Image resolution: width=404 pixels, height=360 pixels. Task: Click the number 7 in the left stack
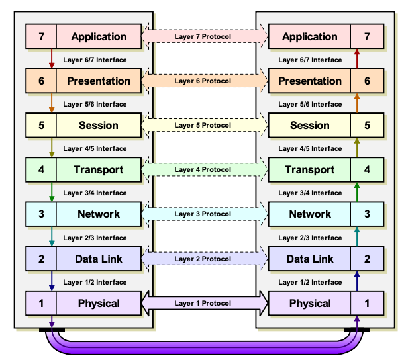point(41,37)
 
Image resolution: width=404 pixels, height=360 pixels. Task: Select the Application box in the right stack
point(309,37)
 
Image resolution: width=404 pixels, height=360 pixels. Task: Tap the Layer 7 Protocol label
point(203,37)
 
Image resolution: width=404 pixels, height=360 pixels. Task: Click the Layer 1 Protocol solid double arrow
point(203,304)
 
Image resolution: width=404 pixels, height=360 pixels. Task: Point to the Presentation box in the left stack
point(99,81)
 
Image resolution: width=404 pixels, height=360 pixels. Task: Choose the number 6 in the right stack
point(367,81)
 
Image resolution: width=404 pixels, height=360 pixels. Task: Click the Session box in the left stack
point(99,126)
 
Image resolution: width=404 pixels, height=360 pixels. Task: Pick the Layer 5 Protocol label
point(203,126)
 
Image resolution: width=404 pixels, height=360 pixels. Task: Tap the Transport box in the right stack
point(309,170)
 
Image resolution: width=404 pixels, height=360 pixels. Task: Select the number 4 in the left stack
point(41,170)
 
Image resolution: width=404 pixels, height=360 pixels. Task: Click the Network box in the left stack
point(99,214)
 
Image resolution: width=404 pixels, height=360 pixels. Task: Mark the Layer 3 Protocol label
point(203,214)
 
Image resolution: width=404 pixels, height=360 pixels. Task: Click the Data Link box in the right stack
point(309,259)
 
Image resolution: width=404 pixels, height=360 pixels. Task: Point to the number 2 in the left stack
point(41,259)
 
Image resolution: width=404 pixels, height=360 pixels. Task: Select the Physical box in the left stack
point(99,304)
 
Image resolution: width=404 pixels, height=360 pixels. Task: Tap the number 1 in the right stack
point(367,304)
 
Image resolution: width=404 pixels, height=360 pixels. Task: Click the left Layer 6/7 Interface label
point(95,60)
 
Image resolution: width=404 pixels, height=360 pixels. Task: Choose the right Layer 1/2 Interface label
point(310,282)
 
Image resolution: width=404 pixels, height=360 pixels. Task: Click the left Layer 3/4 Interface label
point(95,193)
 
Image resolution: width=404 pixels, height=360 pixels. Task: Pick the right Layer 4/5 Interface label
point(310,148)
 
